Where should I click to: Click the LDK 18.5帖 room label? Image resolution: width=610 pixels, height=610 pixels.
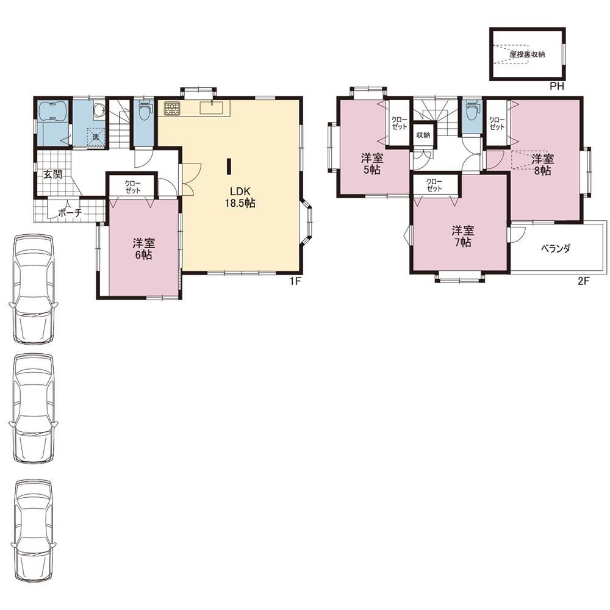[x=240, y=197]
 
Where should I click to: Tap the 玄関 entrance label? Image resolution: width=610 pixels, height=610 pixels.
[x=52, y=174]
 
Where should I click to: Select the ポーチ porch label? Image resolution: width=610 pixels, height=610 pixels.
[x=70, y=213]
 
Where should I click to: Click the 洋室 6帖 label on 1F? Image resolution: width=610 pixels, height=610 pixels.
[x=143, y=249]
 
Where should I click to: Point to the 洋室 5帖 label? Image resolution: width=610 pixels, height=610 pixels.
[x=372, y=163]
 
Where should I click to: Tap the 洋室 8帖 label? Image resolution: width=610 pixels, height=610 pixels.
[x=543, y=165]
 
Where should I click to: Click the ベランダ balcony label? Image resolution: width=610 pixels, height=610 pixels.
[x=556, y=248]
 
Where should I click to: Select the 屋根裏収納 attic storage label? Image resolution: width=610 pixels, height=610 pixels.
[x=527, y=54]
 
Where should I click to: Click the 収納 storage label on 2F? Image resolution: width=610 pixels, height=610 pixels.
[x=423, y=135]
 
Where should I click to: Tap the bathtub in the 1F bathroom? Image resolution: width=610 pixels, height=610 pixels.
[x=52, y=112]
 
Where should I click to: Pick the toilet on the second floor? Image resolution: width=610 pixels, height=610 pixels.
[x=472, y=110]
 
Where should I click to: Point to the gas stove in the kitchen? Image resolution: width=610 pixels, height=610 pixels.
[x=171, y=109]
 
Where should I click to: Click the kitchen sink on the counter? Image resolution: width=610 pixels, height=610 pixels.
[x=210, y=108]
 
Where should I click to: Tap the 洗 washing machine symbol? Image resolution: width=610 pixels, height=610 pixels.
[x=96, y=137]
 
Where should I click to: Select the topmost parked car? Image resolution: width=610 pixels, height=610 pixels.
[x=34, y=289]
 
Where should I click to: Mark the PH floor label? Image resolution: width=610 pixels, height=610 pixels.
[x=557, y=87]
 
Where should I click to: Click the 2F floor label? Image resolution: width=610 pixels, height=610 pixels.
[x=584, y=281]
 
